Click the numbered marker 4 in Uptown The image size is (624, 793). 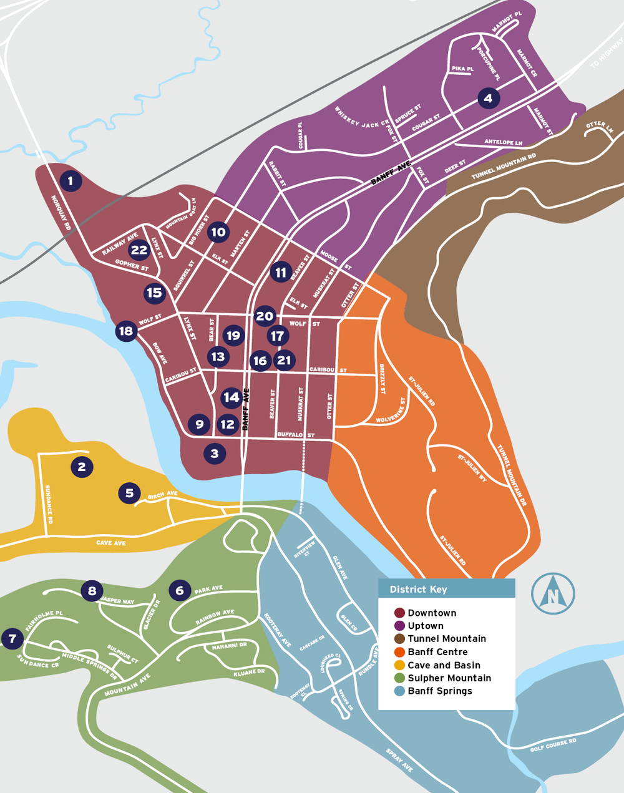(x=488, y=98)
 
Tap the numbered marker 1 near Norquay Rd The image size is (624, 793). (x=71, y=181)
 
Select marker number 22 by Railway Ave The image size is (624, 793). (x=139, y=250)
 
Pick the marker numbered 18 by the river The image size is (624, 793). (x=126, y=331)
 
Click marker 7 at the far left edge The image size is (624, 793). (x=12, y=638)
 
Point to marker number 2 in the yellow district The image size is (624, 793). (x=82, y=466)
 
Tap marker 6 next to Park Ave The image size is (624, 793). (x=180, y=590)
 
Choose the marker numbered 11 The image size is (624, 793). (x=281, y=272)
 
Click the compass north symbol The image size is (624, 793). (x=553, y=593)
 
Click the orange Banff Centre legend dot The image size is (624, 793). (x=399, y=652)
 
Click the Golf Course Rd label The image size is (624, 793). (x=553, y=744)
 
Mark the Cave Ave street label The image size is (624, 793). (x=111, y=543)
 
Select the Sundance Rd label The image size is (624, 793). (x=49, y=504)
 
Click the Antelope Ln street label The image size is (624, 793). (x=503, y=142)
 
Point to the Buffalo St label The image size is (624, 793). (x=296, y=434)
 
